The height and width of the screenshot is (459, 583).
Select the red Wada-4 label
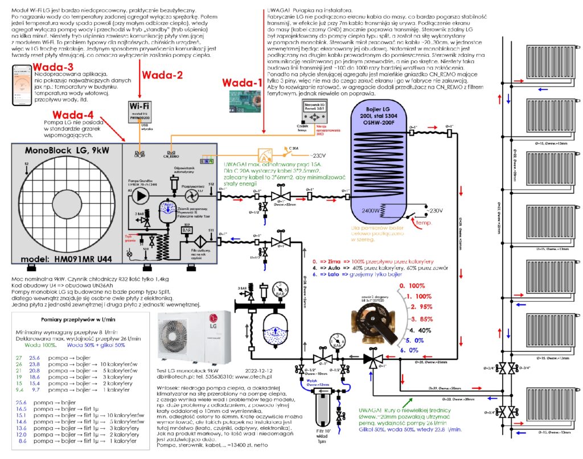(74, 115)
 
